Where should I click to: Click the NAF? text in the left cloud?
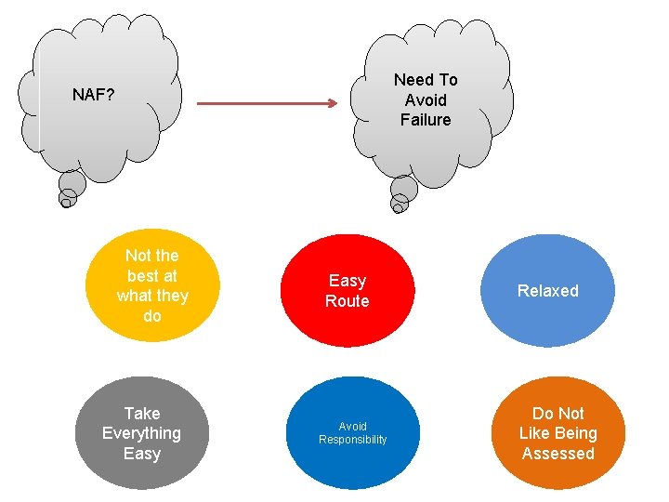[x=94, y=95]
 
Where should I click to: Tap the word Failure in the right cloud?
[x=426, y=120]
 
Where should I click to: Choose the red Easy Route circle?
[x=347, y=291]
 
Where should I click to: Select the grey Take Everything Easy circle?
[x=142, y=433]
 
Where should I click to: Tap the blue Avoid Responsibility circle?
[x=352, y=433]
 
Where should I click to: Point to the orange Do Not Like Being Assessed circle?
[x=557, y=433]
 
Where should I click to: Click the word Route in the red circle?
[x=347, y=301]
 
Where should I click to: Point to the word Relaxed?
[x=547, y=291]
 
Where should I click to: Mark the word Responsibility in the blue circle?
[x=352, y=440]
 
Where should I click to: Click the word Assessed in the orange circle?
[x=557, y=454]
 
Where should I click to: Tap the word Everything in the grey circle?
[x=142, y=433]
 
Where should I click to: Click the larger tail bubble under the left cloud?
[x=72, y=184]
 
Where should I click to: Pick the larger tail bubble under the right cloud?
[x=404, y=190]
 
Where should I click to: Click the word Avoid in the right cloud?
[x=426, y=100]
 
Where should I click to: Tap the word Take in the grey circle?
[x=142, y=414]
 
